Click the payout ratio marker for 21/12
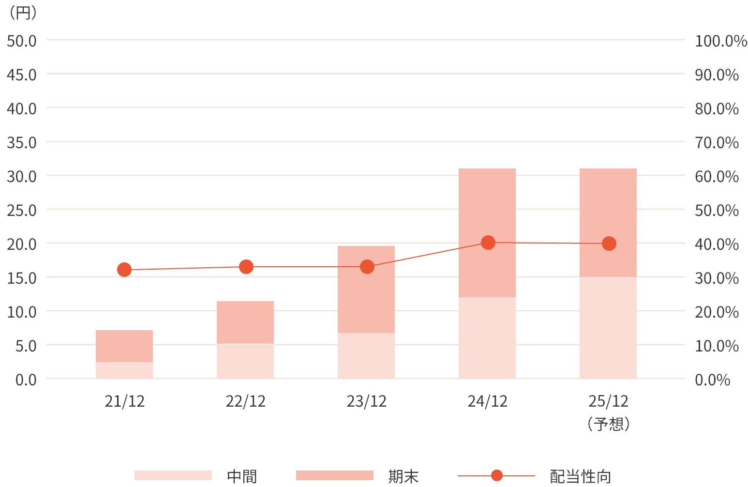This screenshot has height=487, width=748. coord(124,270)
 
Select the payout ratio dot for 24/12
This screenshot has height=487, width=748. coord(488,243)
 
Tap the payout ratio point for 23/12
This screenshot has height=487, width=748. coord(367,267)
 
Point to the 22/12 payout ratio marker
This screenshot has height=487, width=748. coord(246,267)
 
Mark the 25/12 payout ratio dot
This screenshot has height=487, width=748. coord(609,243)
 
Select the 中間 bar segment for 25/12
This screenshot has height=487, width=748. coord(608,328)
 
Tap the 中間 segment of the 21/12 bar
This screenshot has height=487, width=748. coord(124,370)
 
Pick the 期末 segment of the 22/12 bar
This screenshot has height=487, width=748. coord(245,322)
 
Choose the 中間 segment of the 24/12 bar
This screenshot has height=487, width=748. coord(487,338)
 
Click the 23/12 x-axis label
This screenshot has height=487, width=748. coord(366,401)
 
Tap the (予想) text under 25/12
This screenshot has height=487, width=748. coord(608,424)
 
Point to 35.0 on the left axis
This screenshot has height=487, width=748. coord(22,143)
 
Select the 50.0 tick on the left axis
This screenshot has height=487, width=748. coord(22,41)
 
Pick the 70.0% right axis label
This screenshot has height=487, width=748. coord(717,143)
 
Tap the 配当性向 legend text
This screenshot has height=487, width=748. coord(580,477)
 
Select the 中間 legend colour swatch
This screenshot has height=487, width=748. coord(173,475)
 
